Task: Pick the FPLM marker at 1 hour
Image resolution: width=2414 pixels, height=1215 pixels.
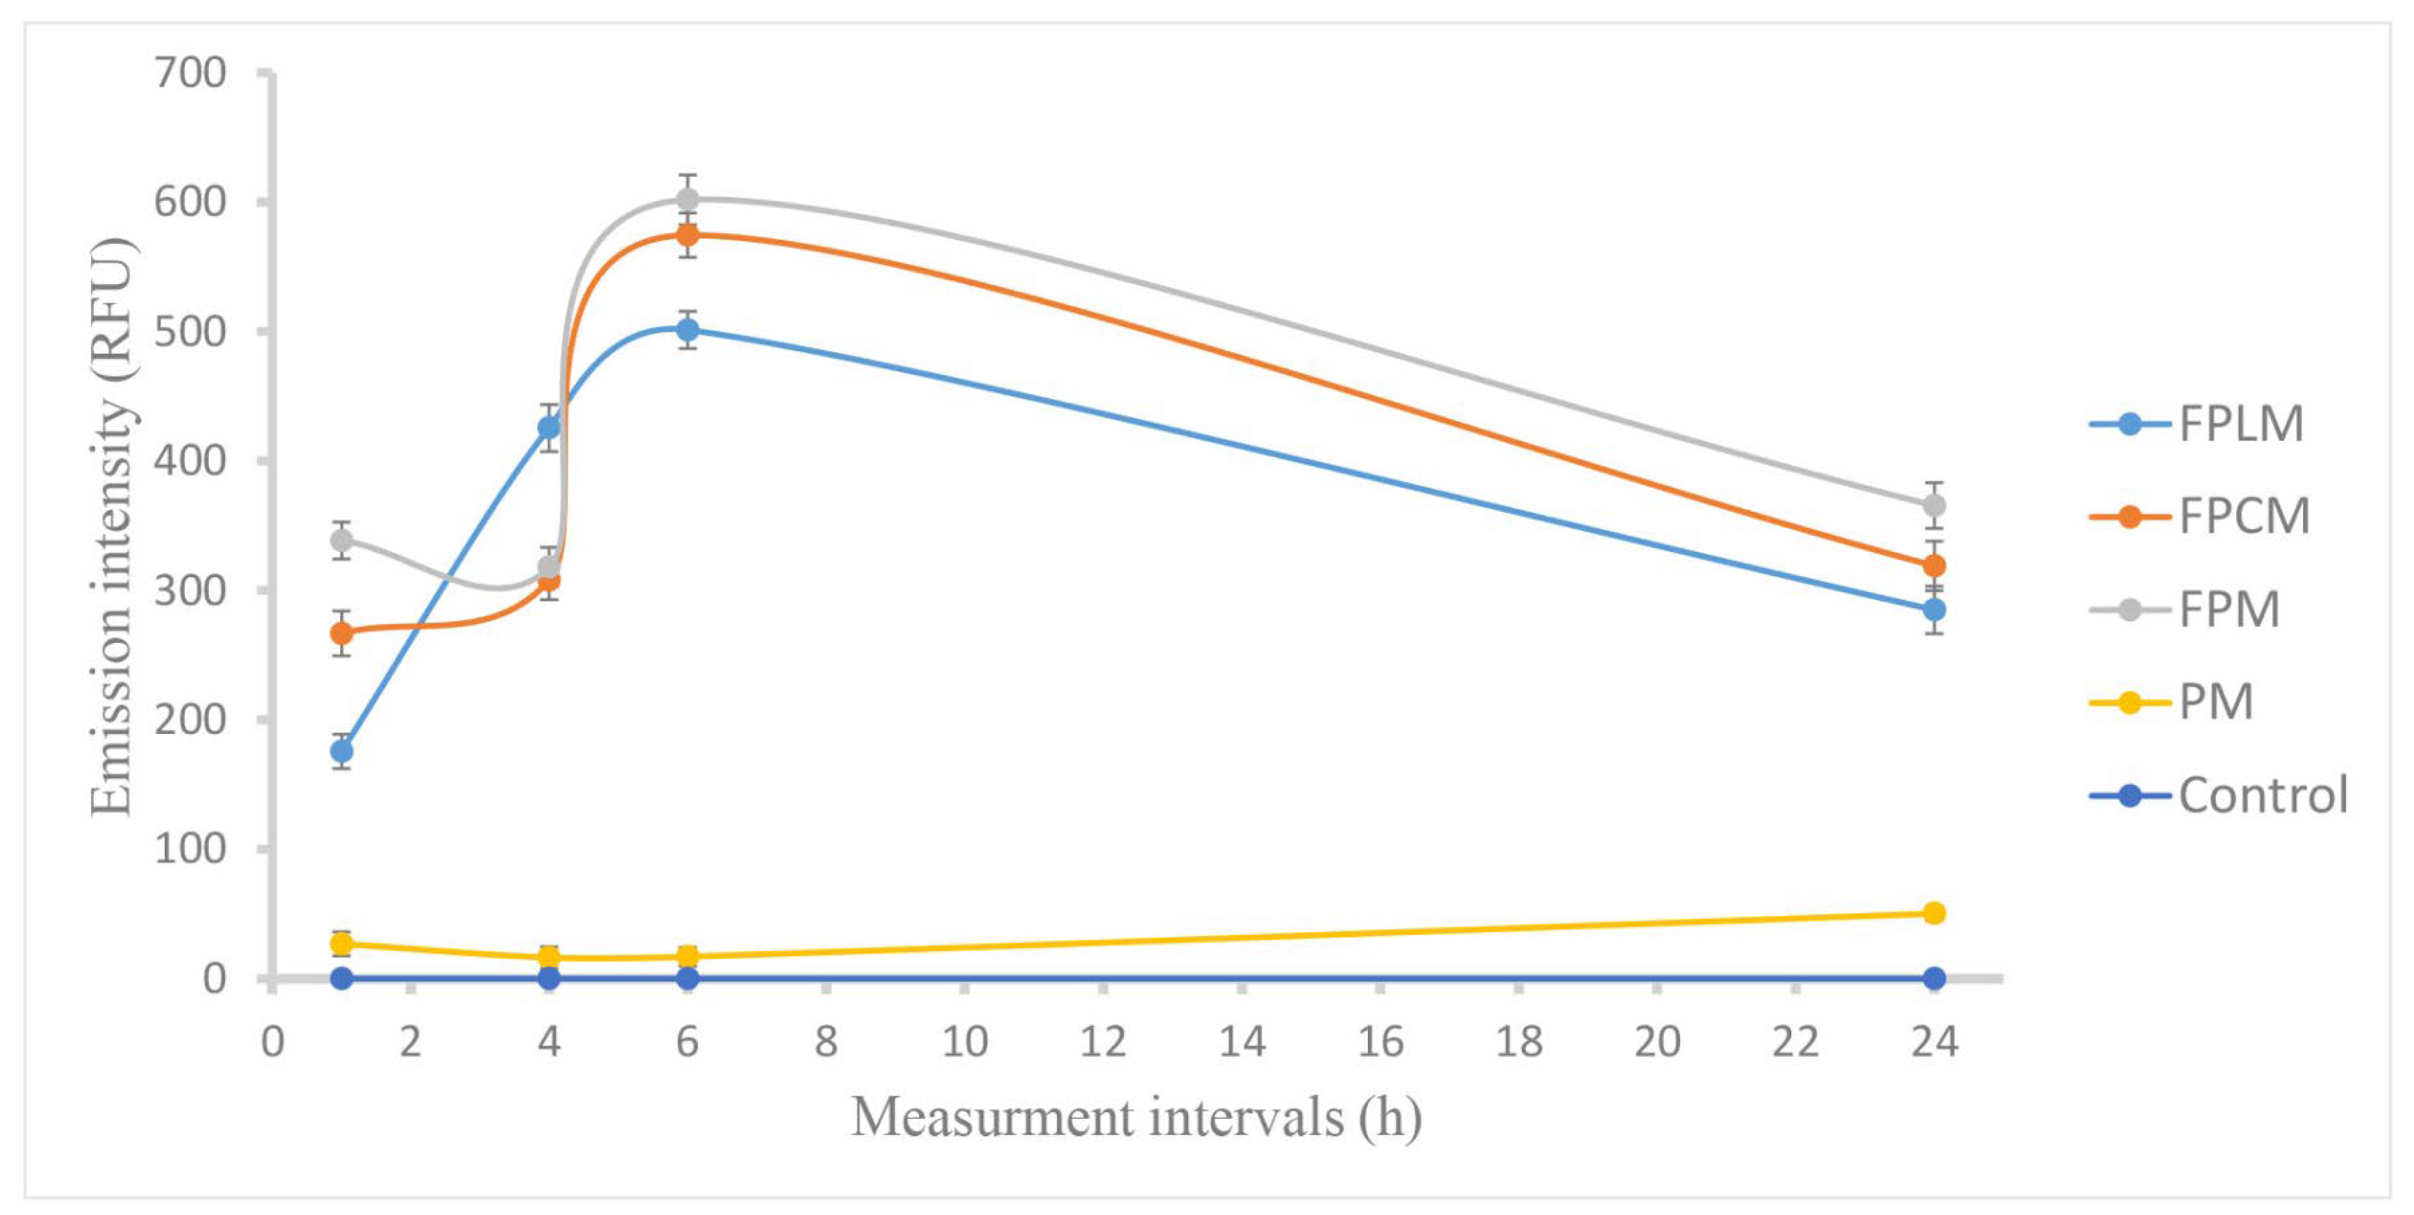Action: [x=342, y=751]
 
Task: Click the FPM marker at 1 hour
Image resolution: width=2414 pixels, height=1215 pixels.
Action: [x=342, y=541]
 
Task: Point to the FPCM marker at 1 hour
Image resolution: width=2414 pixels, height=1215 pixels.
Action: [x=342, y=633]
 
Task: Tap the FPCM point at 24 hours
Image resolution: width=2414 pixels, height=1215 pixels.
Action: [x=1933, y=566]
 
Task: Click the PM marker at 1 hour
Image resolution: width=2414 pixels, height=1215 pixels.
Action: [x=342, y=943]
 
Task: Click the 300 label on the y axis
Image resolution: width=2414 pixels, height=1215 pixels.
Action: [x=191, y=591]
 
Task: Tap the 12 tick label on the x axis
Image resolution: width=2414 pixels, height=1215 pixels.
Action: [x=1103, y=1042]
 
